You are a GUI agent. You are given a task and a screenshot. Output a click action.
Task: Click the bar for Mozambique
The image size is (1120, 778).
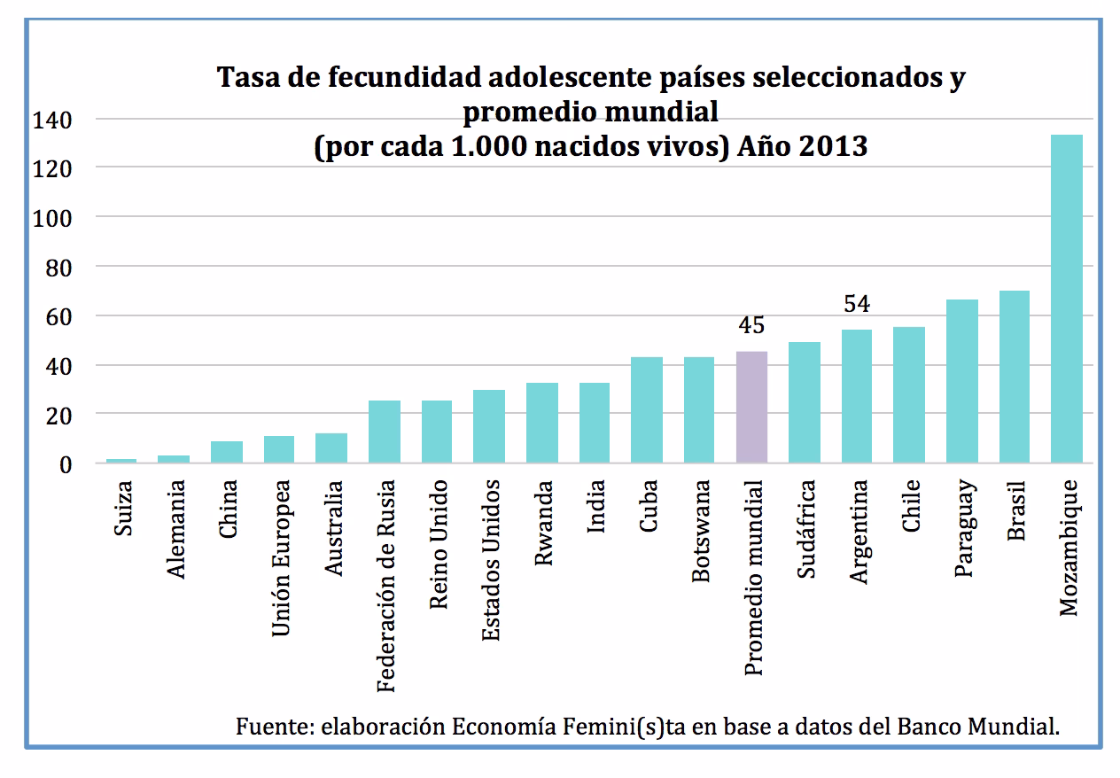(1066, 299)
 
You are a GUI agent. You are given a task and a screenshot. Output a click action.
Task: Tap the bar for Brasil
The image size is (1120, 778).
(1014, 377)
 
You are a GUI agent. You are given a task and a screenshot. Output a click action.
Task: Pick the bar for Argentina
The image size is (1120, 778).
(856, 396)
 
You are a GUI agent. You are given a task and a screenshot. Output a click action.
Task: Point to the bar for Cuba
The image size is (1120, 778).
(647, 409)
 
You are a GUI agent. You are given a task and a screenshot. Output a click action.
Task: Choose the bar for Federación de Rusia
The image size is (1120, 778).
(385, 432)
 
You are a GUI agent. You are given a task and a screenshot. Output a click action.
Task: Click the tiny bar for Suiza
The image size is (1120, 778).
(122, 461)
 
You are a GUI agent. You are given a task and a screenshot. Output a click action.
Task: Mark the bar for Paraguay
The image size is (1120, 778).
(961, 381)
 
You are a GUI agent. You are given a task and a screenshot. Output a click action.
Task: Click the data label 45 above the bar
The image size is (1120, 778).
(751, 326)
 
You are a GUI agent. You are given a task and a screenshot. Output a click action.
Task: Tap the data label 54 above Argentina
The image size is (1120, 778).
(856, 305)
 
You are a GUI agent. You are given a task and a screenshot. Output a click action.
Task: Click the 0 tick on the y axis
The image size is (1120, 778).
(64, 464)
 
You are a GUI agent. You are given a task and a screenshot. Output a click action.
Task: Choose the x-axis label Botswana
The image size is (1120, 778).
(701, 531)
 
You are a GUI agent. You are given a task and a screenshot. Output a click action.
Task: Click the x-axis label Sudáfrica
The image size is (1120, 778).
(805, 529)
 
